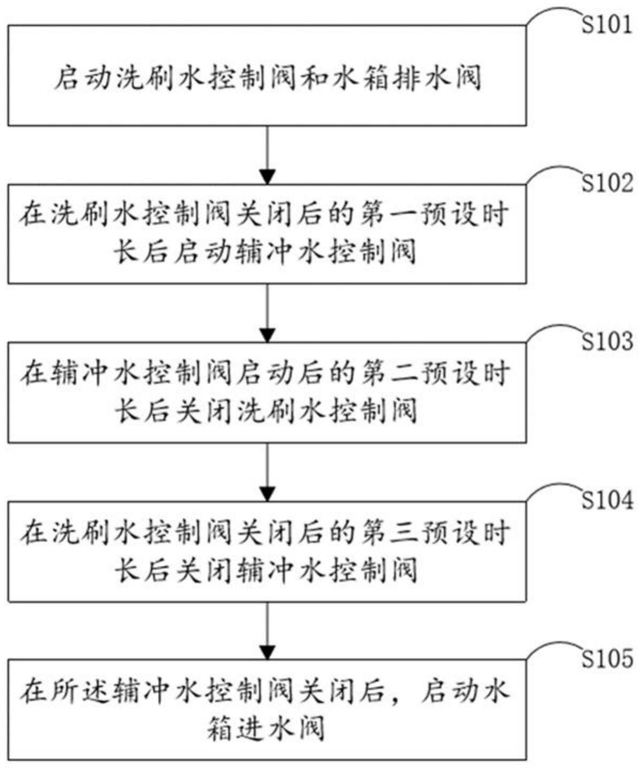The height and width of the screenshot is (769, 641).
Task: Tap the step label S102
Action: [607, 183]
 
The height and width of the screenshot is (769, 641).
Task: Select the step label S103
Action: [607, 340]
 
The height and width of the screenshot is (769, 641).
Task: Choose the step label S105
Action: [607, 659]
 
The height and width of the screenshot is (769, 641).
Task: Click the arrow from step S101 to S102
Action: [267, 155]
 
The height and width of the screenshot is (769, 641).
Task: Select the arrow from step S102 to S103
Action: [267, 313]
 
